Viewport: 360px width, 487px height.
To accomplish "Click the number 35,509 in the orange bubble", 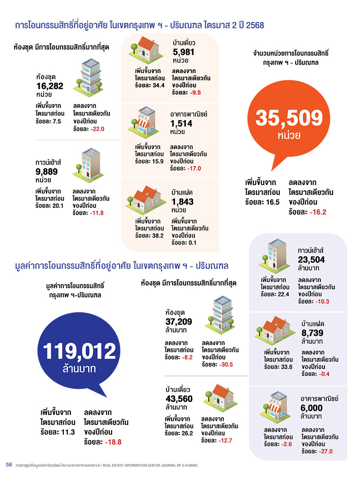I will point(289,118).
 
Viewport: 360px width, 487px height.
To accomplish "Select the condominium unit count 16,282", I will point(50,87).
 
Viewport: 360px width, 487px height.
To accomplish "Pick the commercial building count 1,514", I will point(182,123).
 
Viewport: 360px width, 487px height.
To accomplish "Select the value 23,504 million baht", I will point(311,259).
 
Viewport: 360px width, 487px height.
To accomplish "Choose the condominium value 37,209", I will point(179,321).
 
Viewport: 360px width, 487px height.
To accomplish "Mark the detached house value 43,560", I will point(179,398).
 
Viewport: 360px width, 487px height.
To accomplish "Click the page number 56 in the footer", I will point(9,464).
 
